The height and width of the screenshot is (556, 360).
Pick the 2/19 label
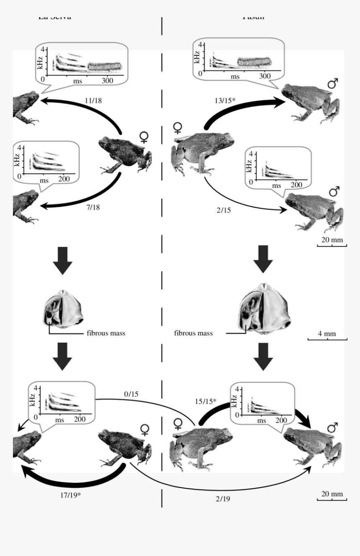(x=223, y=499)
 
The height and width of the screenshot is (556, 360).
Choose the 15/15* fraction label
(x=206, y=401)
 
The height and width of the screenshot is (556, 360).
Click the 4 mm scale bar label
(x=327, y=334)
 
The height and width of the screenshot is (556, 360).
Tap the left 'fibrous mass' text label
(x=106, y=333)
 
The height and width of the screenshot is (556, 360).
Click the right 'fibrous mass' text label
(x=193, y=333)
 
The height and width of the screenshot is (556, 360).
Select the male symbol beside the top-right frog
(x=333, y=84)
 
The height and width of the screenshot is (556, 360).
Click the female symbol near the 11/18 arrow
(x=144, y=137)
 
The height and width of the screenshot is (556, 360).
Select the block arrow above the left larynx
(x=63, y=260)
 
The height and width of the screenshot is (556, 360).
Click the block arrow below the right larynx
(x=264, y=356)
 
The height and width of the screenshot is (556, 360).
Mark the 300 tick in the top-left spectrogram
(x=107, y=81)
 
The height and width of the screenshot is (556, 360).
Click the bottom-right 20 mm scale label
(x=332, y=494)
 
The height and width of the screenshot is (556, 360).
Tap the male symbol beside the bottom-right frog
(x=332, y=428)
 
